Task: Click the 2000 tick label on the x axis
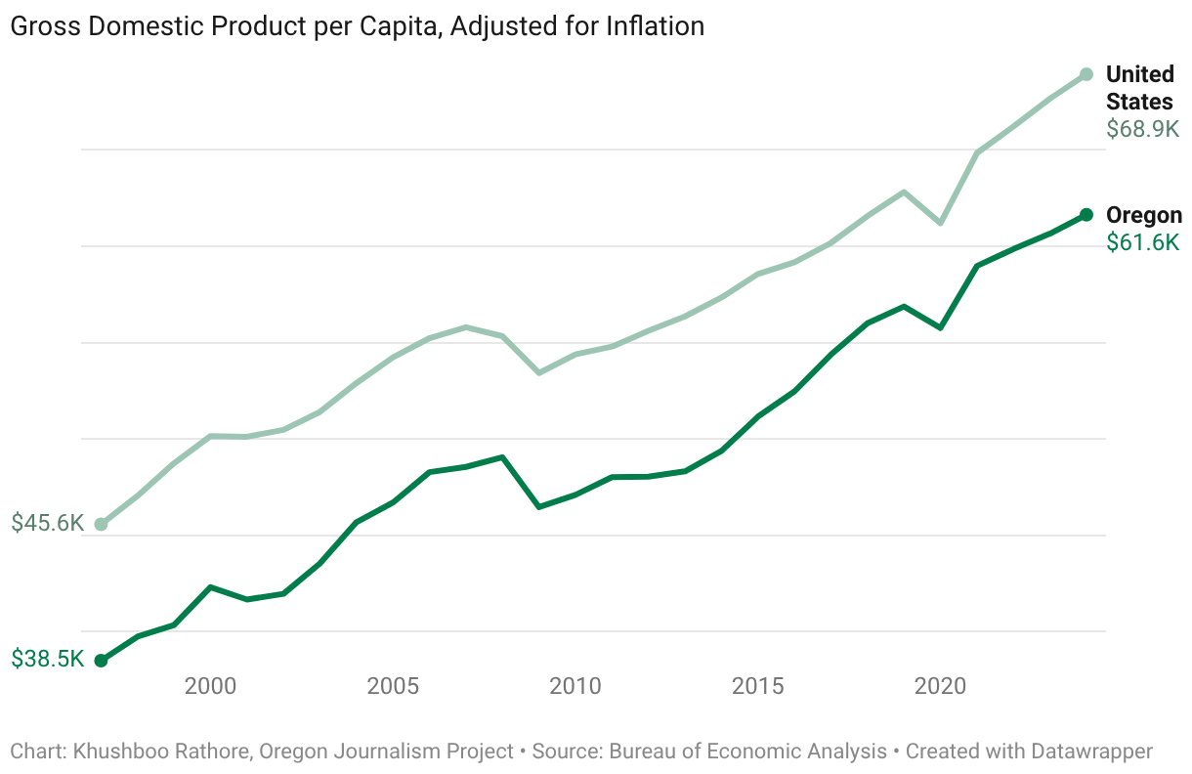point(211,686)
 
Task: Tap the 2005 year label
point(394,686)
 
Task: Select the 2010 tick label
point(575,686)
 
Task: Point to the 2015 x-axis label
point(758,686)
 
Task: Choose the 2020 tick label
point(940,686)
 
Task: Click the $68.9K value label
point(1142,129)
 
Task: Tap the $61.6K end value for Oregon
point(1142,243)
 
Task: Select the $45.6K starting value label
point(48,524)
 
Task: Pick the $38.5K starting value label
point(48,660)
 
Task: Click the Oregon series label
point(1143,216)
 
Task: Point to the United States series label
point(1139,88)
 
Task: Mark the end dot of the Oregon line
point(1086,215)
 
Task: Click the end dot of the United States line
point(1086,74)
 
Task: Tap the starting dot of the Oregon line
point(101,661)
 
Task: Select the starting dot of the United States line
point(101,525)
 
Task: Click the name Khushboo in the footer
point(115,752)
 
